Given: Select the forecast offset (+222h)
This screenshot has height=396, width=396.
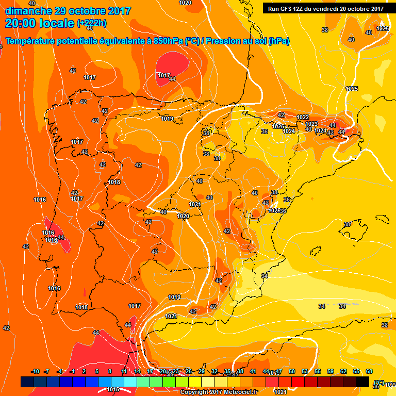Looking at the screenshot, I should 92,23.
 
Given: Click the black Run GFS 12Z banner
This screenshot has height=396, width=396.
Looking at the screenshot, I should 326,8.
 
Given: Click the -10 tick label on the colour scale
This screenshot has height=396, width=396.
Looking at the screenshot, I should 35,372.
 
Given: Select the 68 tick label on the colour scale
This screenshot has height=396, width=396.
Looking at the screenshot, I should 369,372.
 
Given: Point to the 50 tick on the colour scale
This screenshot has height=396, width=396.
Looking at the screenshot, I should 292,372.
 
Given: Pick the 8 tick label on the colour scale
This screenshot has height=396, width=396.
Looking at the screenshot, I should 110,372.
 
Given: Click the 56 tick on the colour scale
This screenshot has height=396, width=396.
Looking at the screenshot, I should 318,372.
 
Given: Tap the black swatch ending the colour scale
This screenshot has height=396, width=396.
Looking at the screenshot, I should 362,382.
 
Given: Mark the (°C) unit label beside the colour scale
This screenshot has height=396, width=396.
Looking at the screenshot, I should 379,382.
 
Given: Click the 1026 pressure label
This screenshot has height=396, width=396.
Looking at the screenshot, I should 274,211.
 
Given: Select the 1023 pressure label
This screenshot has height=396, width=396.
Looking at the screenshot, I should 311,124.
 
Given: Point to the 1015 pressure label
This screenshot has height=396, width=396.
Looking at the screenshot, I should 113,389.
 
